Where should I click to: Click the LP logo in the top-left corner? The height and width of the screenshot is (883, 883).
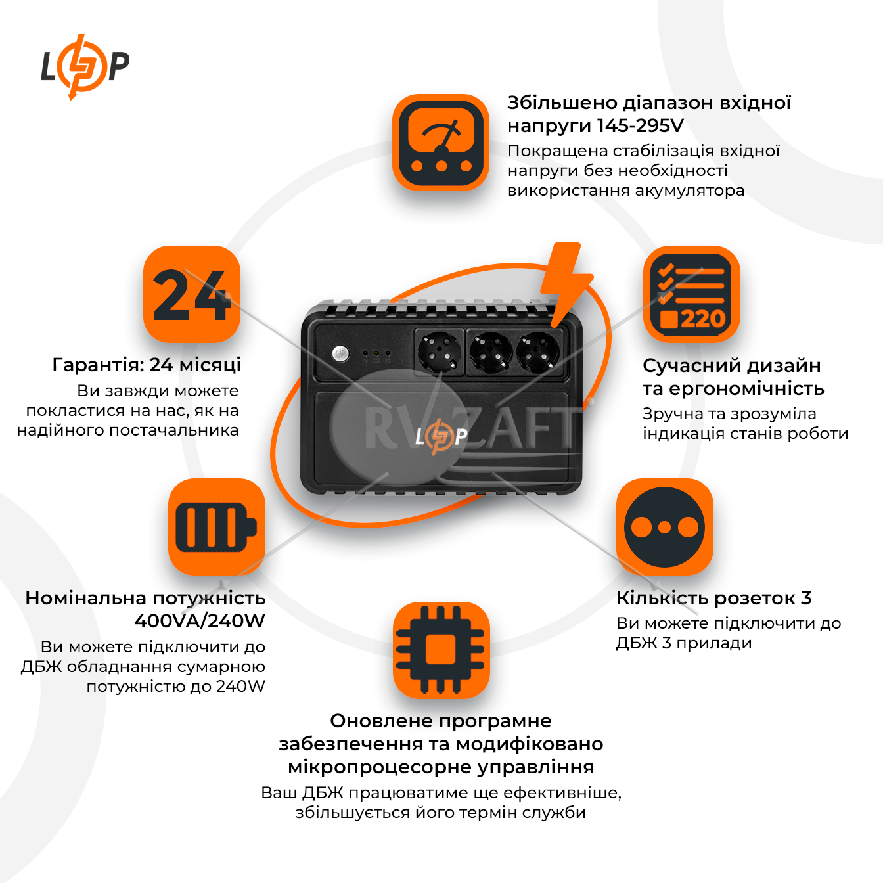tap(85, 66)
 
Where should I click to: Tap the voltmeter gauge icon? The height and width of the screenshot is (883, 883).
tap(441, 143)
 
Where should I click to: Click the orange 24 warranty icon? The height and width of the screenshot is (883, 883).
tap(192, 294)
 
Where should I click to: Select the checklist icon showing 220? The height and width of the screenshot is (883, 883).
tap(691, 294)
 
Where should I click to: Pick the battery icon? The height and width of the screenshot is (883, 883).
tap(216, 526)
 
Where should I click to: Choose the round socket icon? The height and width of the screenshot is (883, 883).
tap(664, 526)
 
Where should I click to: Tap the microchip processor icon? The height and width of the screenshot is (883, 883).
tap(441, 650)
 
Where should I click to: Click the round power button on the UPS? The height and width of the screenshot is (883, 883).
tap(340, 353)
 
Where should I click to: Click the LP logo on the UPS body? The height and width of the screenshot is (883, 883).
tap(441, 436)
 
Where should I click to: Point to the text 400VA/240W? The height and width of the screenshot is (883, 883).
tap(200, 621)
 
